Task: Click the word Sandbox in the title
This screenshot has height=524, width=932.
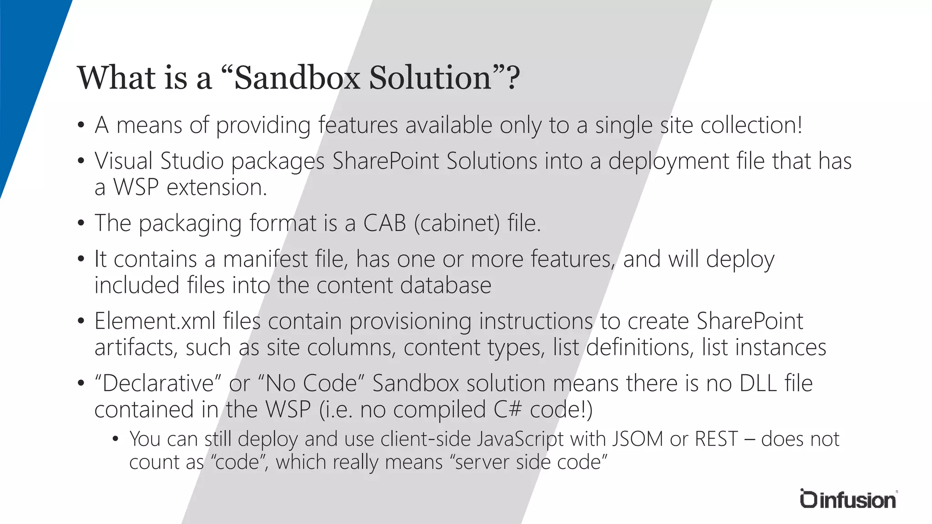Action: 297,77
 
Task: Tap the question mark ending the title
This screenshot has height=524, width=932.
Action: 513,77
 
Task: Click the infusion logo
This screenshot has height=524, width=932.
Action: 848,499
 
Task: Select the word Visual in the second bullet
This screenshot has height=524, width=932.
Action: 123,161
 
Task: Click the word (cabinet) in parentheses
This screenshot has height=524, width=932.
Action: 457,223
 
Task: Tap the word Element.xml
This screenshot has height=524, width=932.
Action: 155,321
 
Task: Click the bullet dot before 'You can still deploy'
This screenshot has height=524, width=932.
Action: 116,439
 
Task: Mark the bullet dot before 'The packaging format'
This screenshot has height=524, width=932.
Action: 81,223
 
